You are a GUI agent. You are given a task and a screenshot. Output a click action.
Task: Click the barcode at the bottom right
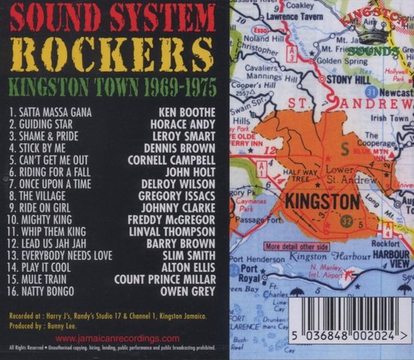pos(349,320)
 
